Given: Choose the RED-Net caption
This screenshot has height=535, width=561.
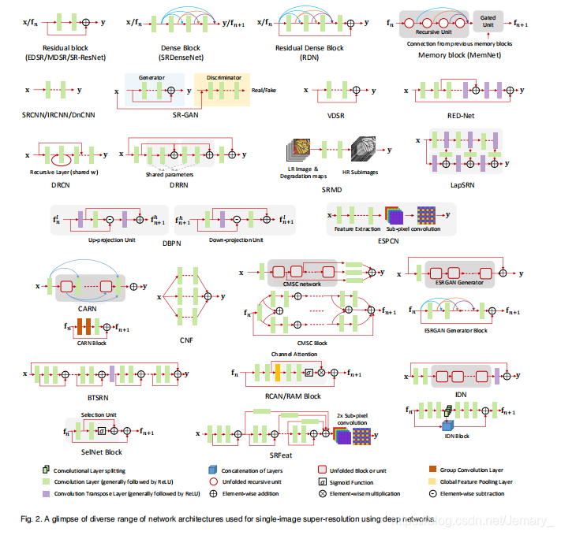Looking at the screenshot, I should [464, 115].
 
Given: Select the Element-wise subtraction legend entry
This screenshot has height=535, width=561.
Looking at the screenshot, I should [473, 494].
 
